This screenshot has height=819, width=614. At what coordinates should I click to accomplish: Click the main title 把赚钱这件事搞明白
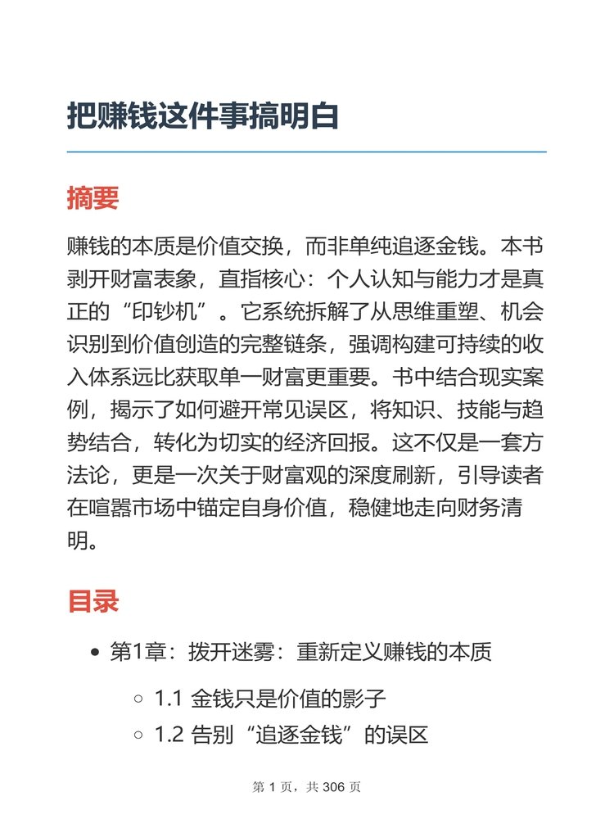(202, 116)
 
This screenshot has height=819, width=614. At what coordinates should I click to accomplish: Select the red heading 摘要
(93, 197)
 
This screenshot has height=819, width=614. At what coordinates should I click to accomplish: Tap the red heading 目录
(93, 601)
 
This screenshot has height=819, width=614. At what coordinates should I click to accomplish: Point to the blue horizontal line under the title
(306, 152)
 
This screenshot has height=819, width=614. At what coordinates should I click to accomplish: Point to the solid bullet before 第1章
(96, 654)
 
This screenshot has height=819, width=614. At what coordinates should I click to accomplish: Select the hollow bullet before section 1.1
(138, 699)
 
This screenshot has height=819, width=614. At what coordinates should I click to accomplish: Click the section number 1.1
(169, 699)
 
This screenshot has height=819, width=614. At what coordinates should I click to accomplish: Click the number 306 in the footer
(334, 788)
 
